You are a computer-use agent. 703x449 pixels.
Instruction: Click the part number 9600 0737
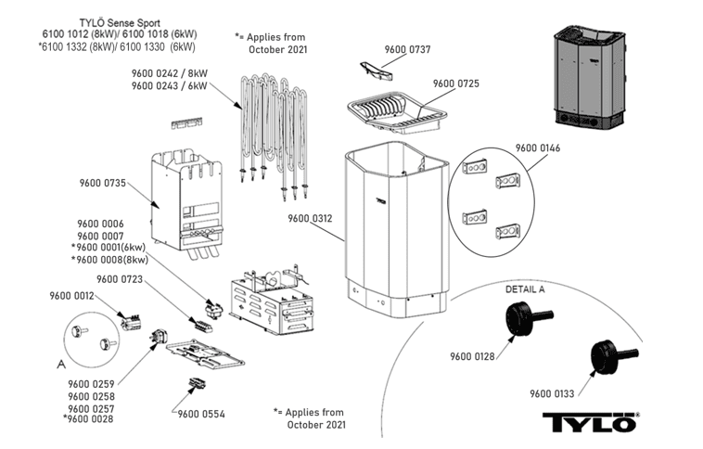pos(408,48)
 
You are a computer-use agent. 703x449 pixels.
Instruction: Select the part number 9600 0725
pos(456,83)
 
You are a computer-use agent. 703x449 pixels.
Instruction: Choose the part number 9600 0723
pos(119,278)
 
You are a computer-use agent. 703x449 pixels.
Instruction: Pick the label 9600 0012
pos(71,296)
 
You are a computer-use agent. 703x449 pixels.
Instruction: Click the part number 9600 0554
pos(201,414)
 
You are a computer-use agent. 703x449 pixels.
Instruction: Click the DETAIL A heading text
pos(525,289)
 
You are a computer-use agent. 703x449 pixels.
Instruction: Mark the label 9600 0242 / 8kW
pos(171,73)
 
